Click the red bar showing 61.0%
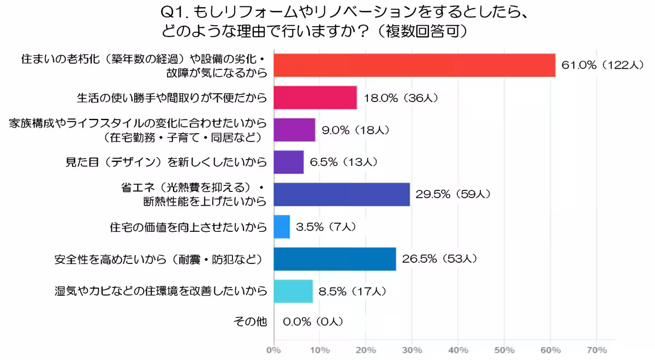(x=414, y=65)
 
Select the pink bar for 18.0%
(x=314, y=98)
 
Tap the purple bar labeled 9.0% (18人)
(x=294, y=130)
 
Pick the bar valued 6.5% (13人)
(x=288, y=162)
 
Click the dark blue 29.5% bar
(x=341, y=194)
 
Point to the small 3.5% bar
(x=281, y=226)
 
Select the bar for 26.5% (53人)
(x=334, y=259)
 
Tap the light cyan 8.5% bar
(x=293, y=291)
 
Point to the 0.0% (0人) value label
(x=313, y=322)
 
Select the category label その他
(x=250, y=322)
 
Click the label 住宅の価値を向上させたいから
(x=188, y=226)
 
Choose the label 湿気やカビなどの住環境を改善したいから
(x=161, y=291)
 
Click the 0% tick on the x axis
(x=273, y=350)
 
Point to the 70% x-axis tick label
(x=596, y=350)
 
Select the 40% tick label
(x=458, y=350)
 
